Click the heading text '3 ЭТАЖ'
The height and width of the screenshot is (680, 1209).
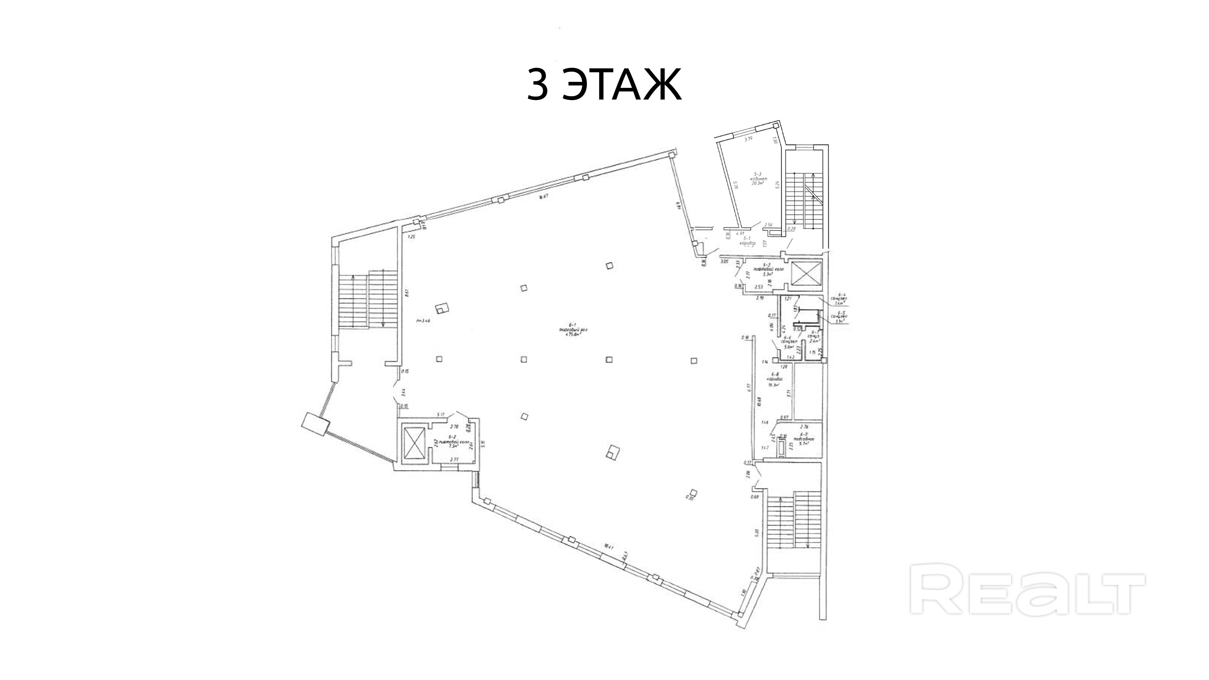[x=604, y=85]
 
